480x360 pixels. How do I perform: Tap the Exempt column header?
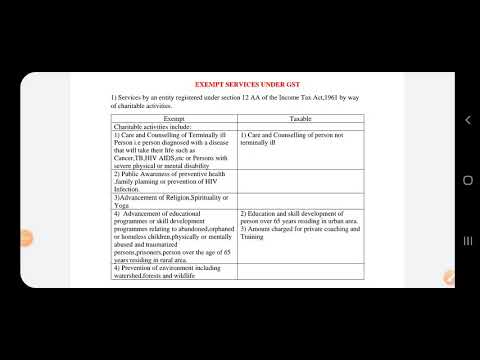174,118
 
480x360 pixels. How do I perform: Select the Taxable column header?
301,118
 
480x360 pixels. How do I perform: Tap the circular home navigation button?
466,180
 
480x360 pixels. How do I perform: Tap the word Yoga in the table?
122,205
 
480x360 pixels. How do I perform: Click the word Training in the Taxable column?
253,238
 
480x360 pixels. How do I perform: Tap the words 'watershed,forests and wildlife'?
160,276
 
